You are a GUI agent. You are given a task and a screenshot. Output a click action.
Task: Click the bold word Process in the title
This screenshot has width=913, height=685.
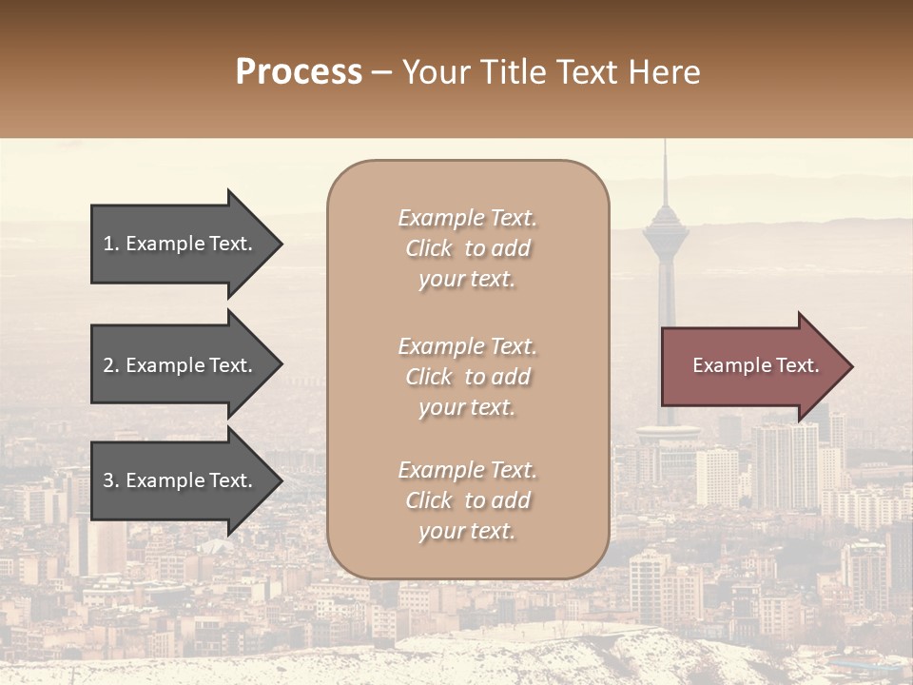[299, 72]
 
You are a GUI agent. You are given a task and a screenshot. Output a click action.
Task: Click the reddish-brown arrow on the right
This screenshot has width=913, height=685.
[751, 366]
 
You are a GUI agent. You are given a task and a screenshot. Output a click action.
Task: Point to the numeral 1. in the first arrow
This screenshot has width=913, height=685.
[111, 244]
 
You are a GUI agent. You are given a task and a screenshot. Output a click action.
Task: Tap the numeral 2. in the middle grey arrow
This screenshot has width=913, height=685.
[111, 365]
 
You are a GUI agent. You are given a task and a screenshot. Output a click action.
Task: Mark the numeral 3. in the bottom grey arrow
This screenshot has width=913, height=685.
[111, 480]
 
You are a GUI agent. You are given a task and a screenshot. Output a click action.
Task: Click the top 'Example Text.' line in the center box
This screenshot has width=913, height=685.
[467, 219]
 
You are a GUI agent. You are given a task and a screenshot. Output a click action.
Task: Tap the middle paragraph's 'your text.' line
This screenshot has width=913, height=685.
[467, 407]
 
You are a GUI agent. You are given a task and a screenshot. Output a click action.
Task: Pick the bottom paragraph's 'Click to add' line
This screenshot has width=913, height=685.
[467, 500]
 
